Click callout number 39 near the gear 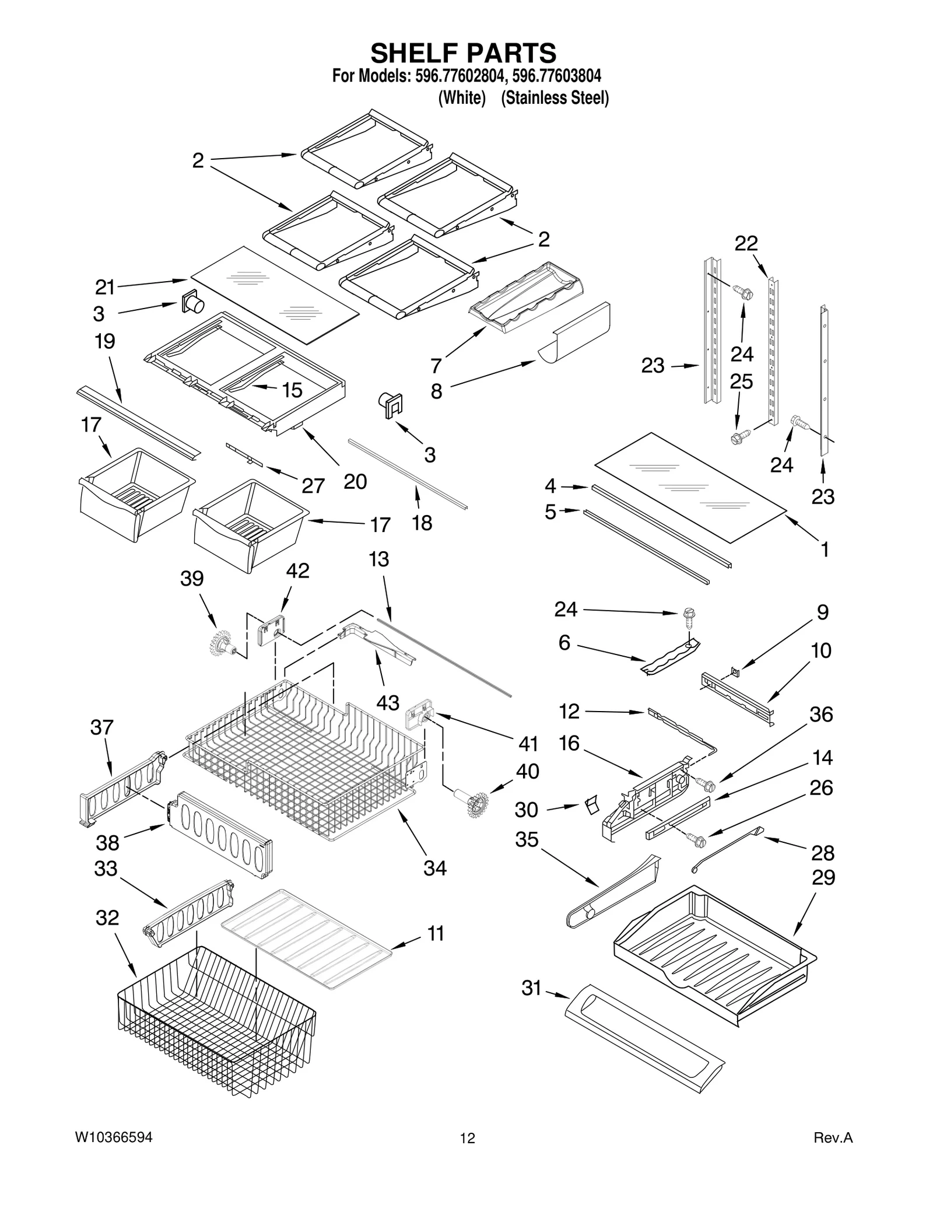(192, 579)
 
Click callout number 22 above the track (746, 243)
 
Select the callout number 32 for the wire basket (107, 918)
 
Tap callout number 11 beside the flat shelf (436, 933)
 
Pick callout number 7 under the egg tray (436, 366)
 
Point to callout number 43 (387, 702)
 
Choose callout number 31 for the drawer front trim (531, 988)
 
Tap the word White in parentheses (462, 98)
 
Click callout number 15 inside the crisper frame (292, 390)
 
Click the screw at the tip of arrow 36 (707, 786)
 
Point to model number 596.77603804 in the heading (557, 76)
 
